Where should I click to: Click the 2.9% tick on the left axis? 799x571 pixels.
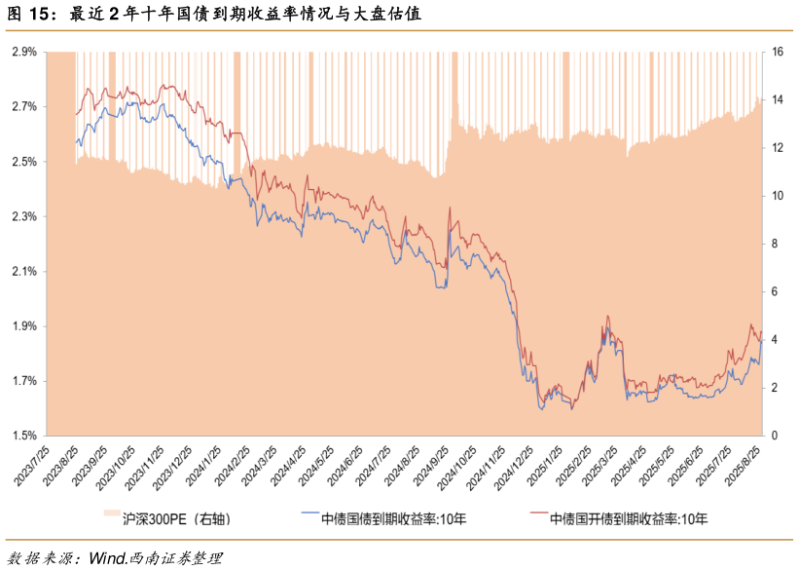24,51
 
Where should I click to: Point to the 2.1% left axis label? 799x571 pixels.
24,271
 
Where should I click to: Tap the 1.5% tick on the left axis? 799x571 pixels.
24,436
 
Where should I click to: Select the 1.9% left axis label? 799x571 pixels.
24,325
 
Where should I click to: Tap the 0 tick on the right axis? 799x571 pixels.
775,436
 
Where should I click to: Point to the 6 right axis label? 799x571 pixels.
775,291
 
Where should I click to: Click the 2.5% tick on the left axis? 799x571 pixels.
24,161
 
